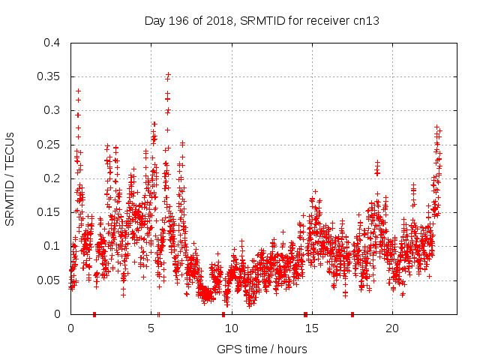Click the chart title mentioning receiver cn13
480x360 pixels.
coord(262,21)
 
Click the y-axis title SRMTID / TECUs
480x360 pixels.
coord(10,178)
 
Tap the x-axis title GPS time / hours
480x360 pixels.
coord(262,349)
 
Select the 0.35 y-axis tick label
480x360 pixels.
coord(52,76)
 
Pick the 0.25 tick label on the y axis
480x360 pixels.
coord(52,144)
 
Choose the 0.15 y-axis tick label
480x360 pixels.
coord(52,212)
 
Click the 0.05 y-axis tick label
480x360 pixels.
coord(52,280)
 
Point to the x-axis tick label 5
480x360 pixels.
coord(151,328)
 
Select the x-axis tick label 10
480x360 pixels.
coord(232,328)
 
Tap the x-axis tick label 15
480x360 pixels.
coord(312,328)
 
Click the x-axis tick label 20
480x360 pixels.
coord(392,328)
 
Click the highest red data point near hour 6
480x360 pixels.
coord(168,74)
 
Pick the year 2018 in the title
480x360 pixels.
coord(220,21)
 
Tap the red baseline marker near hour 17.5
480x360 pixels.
coord(352,313)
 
